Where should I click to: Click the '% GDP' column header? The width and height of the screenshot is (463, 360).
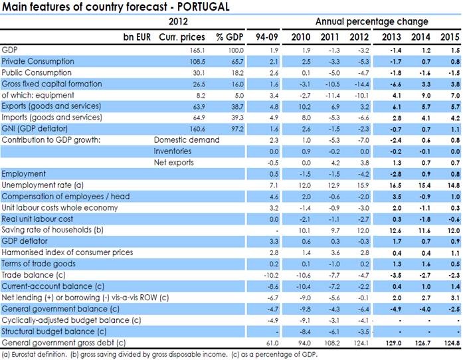(x=217, y=35)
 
